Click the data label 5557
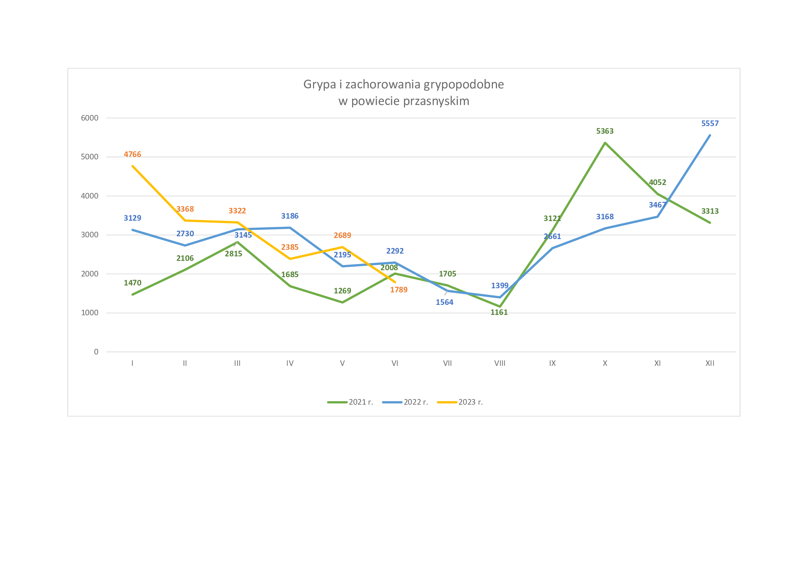tap(710, 123)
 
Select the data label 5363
tap(605, 131)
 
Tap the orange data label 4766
tap(132, 155)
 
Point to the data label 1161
tap(499, 312)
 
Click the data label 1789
tap(398, 290)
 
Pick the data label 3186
tap(289, 216)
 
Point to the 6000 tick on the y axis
tap(90, 118)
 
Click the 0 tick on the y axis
tap(96, 352)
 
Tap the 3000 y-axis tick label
tap(90, 235)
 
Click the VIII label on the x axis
tap(500, 363)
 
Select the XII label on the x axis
tap(710, 363)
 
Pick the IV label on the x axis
tap(289, 363)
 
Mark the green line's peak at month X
tap(605, 143)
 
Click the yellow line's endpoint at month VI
tap(395, 282)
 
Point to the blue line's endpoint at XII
tap(710, 135)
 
